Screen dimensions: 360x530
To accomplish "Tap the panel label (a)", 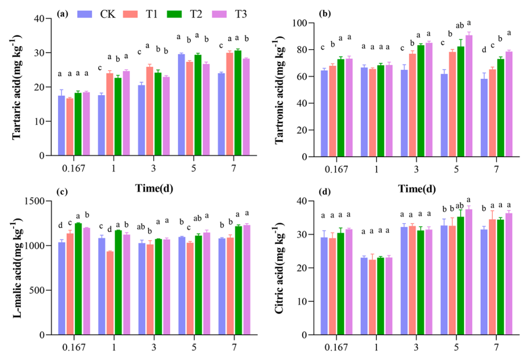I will coord(62,13).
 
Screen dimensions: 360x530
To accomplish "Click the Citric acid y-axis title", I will coord(283,268).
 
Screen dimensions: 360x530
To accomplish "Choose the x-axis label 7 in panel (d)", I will coord(497,347).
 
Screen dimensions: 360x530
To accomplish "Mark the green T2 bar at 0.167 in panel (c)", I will coord(78,279).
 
